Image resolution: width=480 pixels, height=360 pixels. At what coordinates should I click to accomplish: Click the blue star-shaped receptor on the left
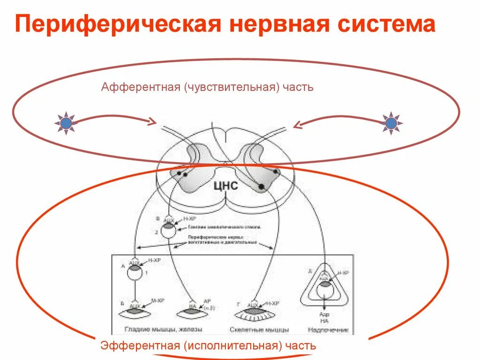[66, 123]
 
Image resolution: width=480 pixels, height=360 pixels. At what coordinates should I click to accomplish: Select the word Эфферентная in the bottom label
[140, 346]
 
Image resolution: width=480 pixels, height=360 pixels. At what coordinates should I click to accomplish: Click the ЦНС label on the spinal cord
[225, 186]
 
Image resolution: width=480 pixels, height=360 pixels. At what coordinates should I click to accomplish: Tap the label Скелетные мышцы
[259, 330]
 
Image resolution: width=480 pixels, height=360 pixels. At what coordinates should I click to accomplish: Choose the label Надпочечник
[328, 330]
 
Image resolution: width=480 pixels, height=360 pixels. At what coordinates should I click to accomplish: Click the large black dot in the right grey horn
[261, 187]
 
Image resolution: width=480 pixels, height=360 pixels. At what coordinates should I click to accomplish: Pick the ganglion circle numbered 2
[168, 230]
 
